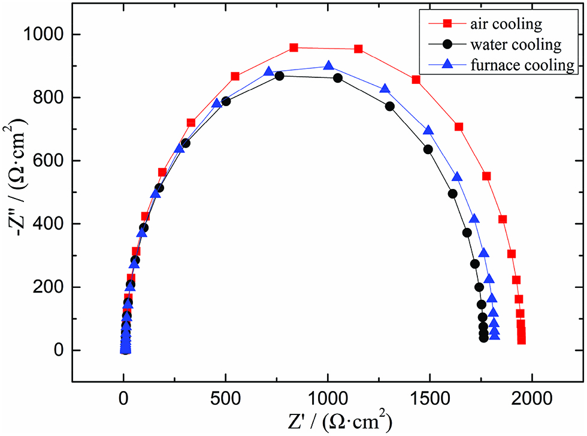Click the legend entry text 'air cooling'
point(506,25)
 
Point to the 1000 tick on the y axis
point(50,35)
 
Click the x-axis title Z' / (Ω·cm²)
point(328,420)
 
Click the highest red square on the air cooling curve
point(293,47)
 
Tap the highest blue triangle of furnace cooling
point(329,66)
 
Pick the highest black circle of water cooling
point(279,76)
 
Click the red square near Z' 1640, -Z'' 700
point(459,127)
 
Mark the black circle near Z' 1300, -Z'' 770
point(389,106)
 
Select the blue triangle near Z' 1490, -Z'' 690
point(428,131)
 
